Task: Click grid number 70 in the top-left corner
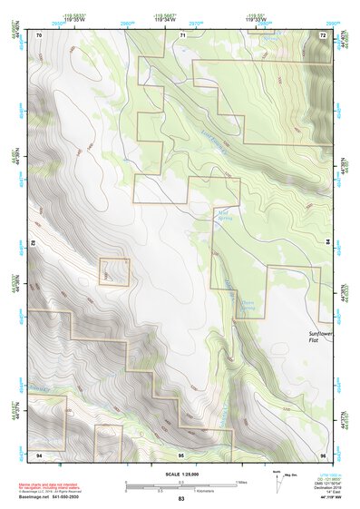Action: (39, 34)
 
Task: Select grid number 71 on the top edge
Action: (182, 34)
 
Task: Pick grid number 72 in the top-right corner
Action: (322, 34)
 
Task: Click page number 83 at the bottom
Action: (180, 500)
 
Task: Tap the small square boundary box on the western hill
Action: (114, 271)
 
